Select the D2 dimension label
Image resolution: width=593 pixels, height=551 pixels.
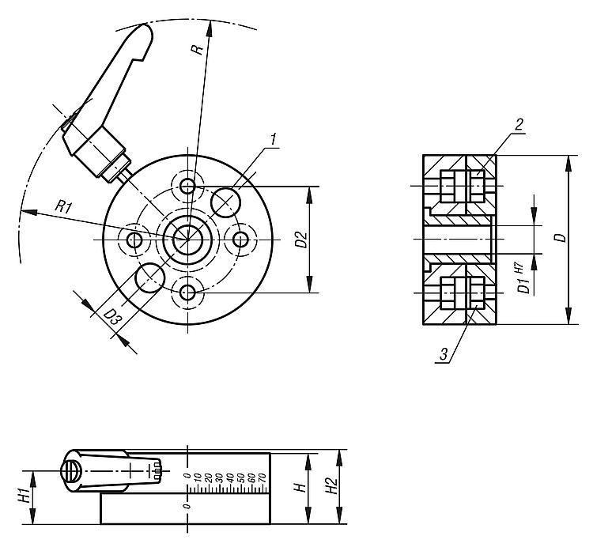click(x=300, y=240)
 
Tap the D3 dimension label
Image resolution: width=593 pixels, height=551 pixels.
click(x=112, y=318)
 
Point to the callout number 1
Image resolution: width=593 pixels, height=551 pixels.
click(x=273, y=140)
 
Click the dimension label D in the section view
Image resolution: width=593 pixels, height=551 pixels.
click(x=559, y=239)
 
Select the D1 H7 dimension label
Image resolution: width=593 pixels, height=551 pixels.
click(x=522, y=278)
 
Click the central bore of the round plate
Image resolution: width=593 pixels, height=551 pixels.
click(x=187, y=236)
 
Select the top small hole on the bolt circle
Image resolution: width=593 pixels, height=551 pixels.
click(x=187, y=186)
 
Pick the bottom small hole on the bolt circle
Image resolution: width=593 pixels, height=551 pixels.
click(x=187, y=292)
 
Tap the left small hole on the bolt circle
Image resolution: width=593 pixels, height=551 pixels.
click(x=134, y=239)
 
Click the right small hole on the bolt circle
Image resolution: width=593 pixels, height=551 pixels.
click(x=241, y=238)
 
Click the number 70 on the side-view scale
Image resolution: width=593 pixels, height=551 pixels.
click(x=262, y=477)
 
